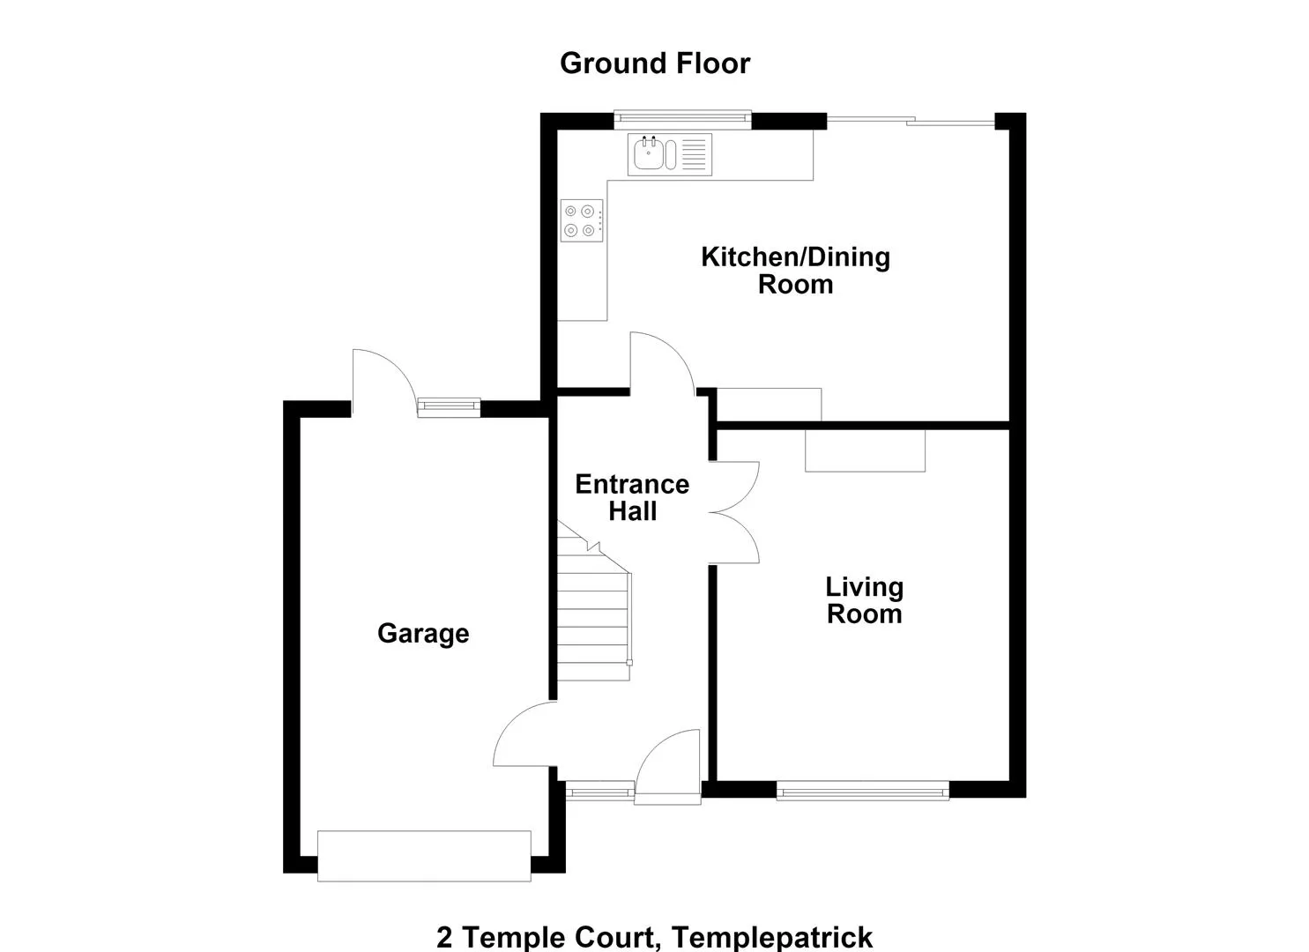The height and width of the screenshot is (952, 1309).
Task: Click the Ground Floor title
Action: coord(654,63)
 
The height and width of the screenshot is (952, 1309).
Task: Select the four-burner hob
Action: coord(582,220)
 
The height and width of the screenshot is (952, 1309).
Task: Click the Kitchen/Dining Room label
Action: coord(795,271)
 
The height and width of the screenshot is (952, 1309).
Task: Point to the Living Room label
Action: coord(864,600)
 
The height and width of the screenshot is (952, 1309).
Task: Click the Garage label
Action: coord(423,634)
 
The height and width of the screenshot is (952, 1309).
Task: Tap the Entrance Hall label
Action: coord(632,497)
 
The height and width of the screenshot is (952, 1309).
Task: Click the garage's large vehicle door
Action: coord(424,856)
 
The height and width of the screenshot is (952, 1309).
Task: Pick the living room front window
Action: coord(863,792)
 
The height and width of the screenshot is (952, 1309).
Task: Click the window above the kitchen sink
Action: coord(682,119)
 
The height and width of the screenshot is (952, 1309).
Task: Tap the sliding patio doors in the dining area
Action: coord(911,121)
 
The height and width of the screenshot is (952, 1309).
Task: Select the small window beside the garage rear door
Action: coord(449,406)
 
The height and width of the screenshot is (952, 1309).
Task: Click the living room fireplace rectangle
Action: coord(865,450)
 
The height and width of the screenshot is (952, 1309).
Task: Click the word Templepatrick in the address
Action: coord(772,937)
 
